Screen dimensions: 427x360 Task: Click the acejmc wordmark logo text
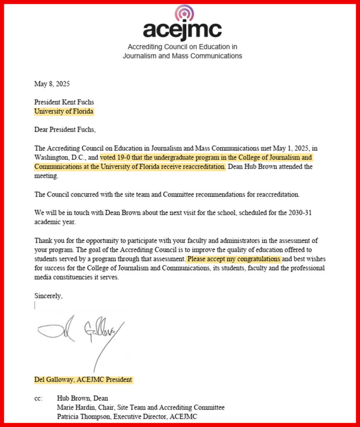click(182, 30)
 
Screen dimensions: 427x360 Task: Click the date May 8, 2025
click(52, 83)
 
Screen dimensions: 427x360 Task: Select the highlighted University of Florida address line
click(64, 111)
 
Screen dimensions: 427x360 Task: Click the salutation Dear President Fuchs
click(65, 130)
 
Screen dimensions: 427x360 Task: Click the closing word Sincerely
click(48, 296)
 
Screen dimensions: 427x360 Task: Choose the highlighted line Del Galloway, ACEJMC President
click(83, 380)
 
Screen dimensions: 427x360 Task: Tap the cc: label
click(38, 398)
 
